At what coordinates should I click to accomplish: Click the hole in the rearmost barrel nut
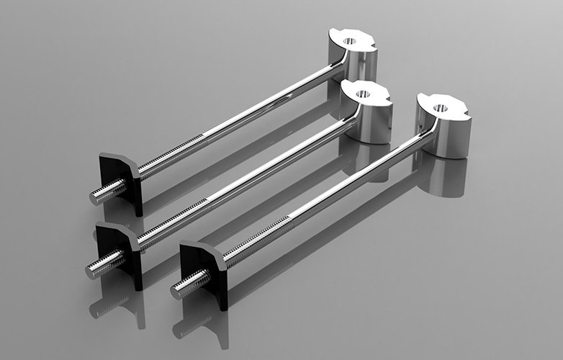(351, 40)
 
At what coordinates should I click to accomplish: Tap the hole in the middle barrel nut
(362, 93)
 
